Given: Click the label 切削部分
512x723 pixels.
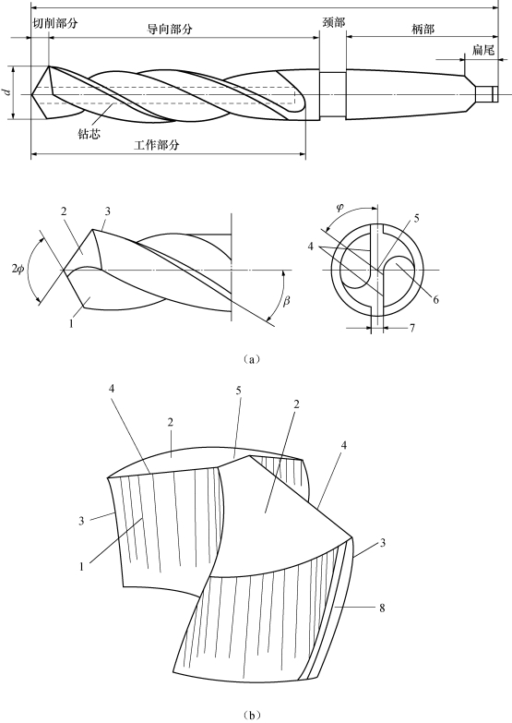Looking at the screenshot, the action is click(x=55, y=23).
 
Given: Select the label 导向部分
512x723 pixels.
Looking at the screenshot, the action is click(x=169, y=29).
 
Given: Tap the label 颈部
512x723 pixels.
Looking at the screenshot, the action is click(x=334, y=22).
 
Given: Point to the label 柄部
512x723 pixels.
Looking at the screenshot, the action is click(x=423, y=29).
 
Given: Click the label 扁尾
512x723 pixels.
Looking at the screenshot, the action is click(x=483, y=50).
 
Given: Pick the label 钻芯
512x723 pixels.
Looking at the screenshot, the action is click(x=89, y=134).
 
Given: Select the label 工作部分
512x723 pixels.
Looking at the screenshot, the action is click(x=156, y=145).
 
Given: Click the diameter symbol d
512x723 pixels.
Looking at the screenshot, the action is click(x=7, y=91).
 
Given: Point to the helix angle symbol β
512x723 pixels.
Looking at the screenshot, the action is click(x=286, y=302).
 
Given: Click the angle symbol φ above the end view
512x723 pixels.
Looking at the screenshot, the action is click(x=339, y=207).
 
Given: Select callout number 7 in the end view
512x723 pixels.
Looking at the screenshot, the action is click(x=411, y=328).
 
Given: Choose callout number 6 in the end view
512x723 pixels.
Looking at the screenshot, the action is click(x=435, y=300).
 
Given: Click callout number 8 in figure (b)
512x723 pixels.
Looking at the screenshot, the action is click(x=382, y=608).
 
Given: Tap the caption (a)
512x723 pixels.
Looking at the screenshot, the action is click(x=251, y=359).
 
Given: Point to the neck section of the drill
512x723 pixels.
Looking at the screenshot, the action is click(x=332, y=94).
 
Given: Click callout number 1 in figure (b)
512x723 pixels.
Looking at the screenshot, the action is click(x=81, y=566).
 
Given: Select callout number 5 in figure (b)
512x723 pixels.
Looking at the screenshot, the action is click(x=238, y=391).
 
